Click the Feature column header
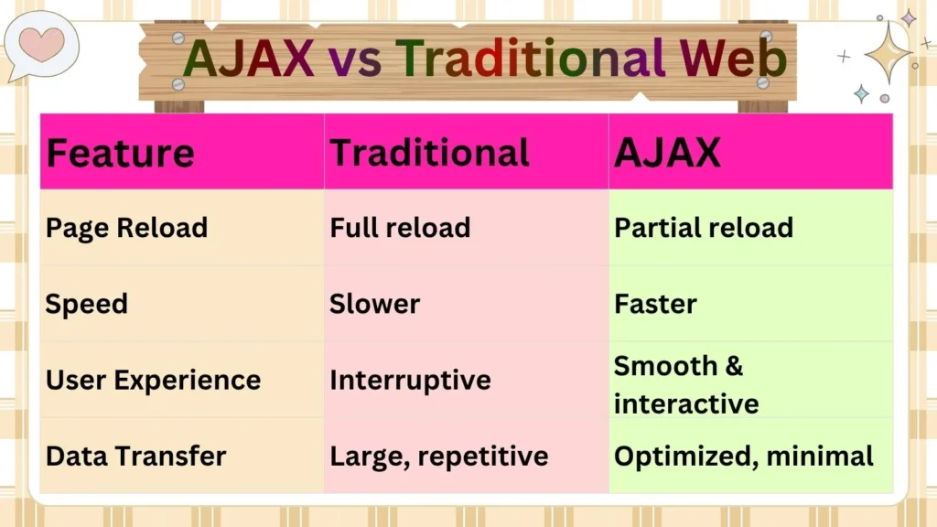pyautogui.click(x=120, y=153)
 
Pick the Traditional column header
pyautogui.click(x=429, y=153)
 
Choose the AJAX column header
pyautogui.click(x=667, y=153)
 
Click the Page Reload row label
pyautogui.click(x=126, y=228)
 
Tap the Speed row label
pyautogui.click(x=86, y=304)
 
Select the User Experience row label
pyautogui.click(x=153, y=380)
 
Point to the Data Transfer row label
pyautogui.click(x=135, y=456)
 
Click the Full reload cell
pyautogui.click(x=400, y=228)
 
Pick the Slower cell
pyautogui.click(x=374, y=304)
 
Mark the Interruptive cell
pyautogui.click(x=410, y=380)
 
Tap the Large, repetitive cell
pyautogui.click(x=438, y=456)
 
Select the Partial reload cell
pyautogui.click(x=703, y=228)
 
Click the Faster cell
pyautogui.click(x=655, y=304)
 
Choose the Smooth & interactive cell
pyautogui.click(x=685, y=384)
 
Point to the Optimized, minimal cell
pyautogui.click(x=743, y=456)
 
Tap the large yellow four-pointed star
pyautogui.click(x=886, y=52)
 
